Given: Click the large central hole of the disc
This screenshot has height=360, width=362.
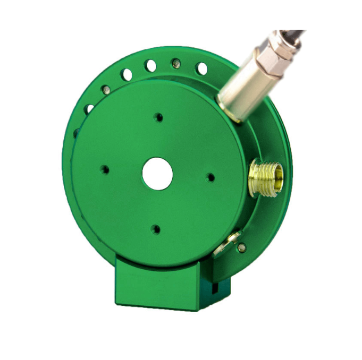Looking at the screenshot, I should pos(157,174).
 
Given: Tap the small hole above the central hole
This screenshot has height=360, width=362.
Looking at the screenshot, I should pos(158,117).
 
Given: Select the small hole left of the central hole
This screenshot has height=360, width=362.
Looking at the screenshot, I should pos(105,170).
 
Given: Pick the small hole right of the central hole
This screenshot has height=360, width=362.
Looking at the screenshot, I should pos(211,177).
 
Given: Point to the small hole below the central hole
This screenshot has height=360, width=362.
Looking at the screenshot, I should pos(155,229).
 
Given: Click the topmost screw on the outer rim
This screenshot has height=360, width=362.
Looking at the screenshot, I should pos(175,63).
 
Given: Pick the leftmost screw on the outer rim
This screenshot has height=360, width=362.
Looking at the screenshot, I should pos(106,89).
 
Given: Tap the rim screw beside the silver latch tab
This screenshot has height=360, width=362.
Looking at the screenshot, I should pos(242,247).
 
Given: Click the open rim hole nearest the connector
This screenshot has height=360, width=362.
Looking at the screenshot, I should pos(201,68).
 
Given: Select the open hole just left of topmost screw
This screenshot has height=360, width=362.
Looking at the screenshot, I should pos(151,66).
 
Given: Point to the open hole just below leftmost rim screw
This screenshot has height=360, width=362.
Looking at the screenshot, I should pos(89,109).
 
